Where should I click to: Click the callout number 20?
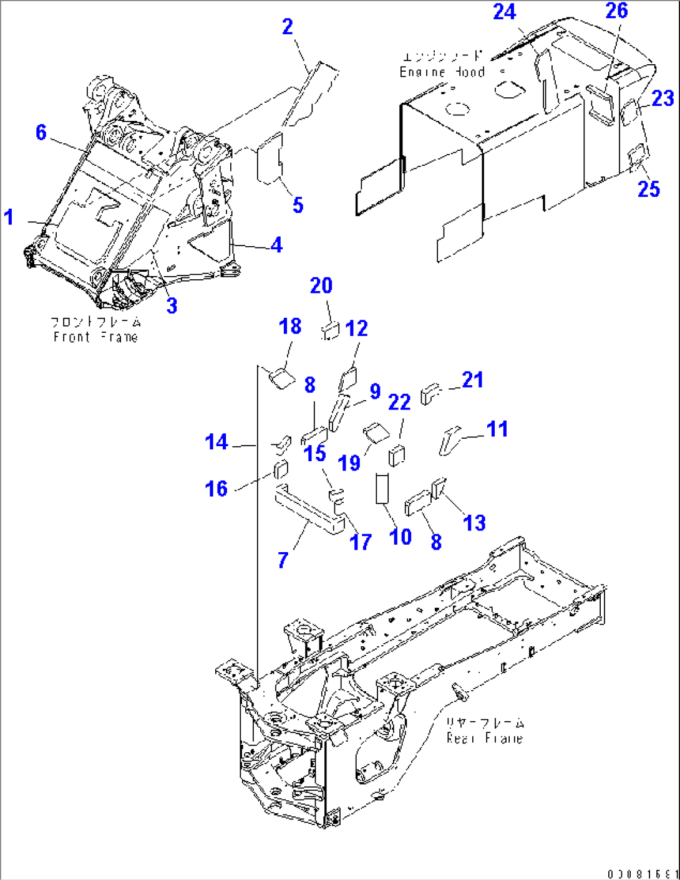click(x=321, y=286)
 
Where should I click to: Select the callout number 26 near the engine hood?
click(x=616, y=11)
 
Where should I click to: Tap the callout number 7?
click(x=283, y=560)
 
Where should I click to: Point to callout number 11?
click(x=497, y=429)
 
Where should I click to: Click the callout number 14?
click(x=216, y=442)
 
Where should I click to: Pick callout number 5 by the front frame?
click(x=298, y=204)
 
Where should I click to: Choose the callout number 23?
click(x=663, y=98)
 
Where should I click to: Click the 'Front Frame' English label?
click(x=95, y=337)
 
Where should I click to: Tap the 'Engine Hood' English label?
click(x=442, y=72)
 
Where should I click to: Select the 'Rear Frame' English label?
click(x=484, y=738)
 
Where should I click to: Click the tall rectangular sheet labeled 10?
click(x=382, y=489)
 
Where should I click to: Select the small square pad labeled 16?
click(x=281, y=468)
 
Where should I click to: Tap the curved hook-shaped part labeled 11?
click(x=449, y=440)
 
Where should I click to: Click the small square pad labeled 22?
click(x=396, y=456)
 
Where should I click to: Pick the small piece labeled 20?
click(x=331, y=330)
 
